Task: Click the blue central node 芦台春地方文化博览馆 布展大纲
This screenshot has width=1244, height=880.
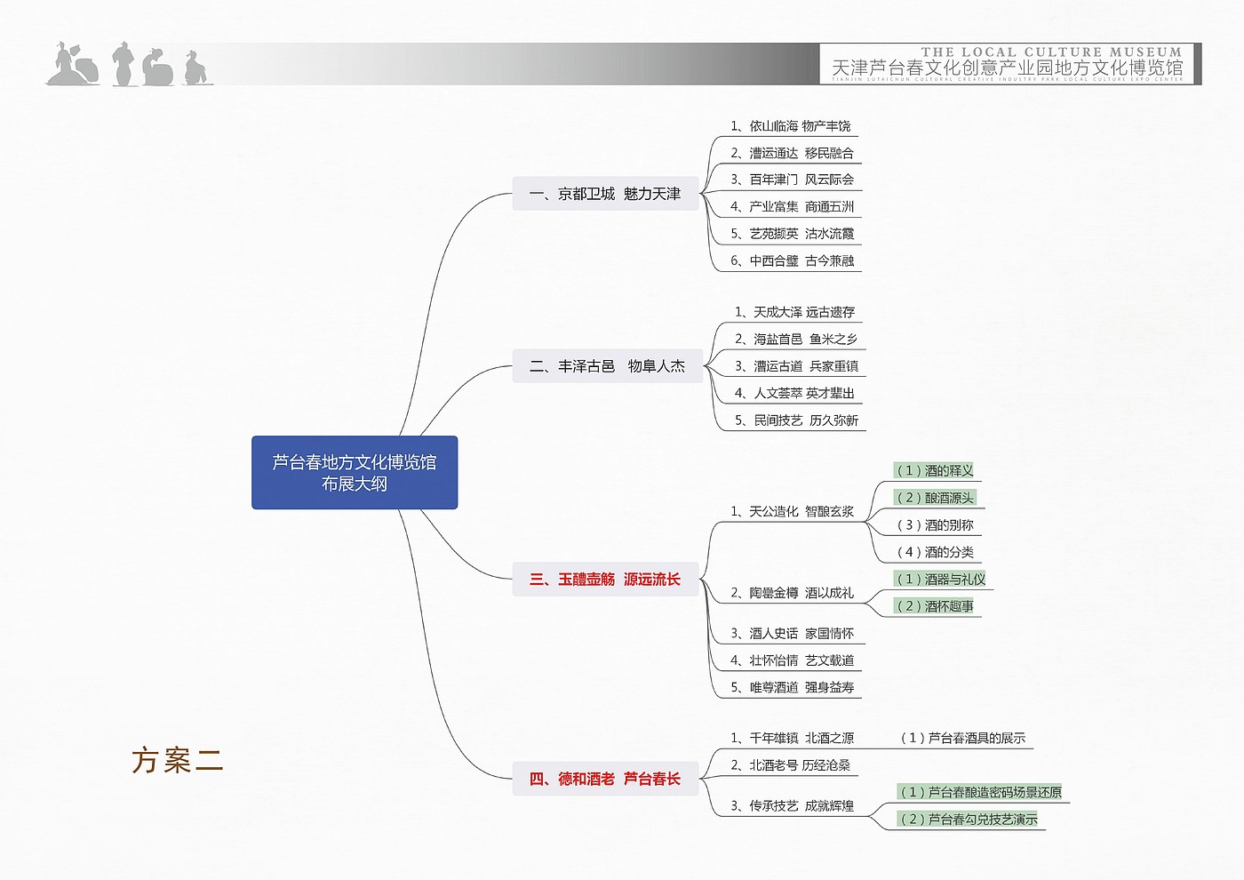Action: (x=354, y=473)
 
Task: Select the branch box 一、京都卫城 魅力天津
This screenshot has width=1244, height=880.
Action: (x=605, y=194)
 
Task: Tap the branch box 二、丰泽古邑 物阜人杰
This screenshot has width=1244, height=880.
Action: (x=607, y=366)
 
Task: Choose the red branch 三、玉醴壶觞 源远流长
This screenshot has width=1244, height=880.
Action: (x=605, y=580)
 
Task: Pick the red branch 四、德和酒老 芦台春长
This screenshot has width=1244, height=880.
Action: (x=605, y=780)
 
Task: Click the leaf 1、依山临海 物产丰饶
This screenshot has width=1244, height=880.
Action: (x=790, y=126)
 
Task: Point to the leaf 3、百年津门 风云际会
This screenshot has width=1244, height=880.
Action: (x=792, y=180)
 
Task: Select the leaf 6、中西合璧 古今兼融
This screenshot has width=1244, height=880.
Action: (x=792, y=261)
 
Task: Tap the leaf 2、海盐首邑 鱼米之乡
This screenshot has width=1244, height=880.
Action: (x=795, y=340)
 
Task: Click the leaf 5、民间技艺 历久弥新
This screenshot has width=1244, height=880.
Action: (x=796, y=420)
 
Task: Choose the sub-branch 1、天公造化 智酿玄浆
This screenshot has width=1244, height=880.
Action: (x=792, y=512)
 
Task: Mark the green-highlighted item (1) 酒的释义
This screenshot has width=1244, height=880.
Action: (x=935, y=471)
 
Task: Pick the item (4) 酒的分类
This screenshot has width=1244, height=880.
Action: (x=935, y=552)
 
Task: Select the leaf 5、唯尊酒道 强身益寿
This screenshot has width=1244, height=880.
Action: (x=792, y=688)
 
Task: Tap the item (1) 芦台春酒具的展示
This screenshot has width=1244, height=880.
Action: (x=962, y=738)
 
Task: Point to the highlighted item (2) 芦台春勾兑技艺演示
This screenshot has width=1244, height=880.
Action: (x=969, y=820)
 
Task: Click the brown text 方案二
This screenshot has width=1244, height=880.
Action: (x=177, y=761)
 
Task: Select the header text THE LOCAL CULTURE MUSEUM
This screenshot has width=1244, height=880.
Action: (x=1051, y=52)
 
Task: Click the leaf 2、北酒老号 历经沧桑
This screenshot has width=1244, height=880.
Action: (x=790, y=765)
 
